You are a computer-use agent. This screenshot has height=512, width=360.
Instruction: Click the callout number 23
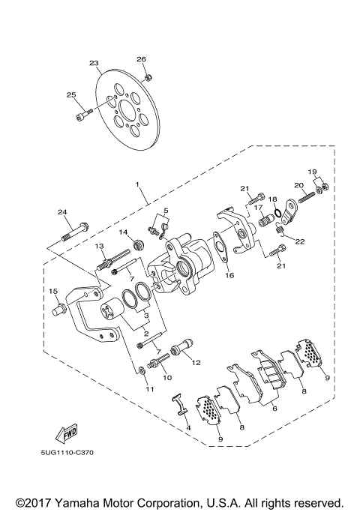(x=93, y=63)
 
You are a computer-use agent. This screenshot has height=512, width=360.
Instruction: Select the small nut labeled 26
(x=148, y=76)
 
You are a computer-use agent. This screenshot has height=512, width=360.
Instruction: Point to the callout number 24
(x=62, y=211)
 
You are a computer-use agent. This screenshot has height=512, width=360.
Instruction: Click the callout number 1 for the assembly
(x=137, y=183)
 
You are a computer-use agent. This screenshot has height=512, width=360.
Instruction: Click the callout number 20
(x=298, y=185)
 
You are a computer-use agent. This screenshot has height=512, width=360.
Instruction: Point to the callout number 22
(x=299, y=241)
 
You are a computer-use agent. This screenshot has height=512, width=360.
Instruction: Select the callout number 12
(x=197, y=362)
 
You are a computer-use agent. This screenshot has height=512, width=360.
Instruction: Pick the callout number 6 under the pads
(x=274, y=409)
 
